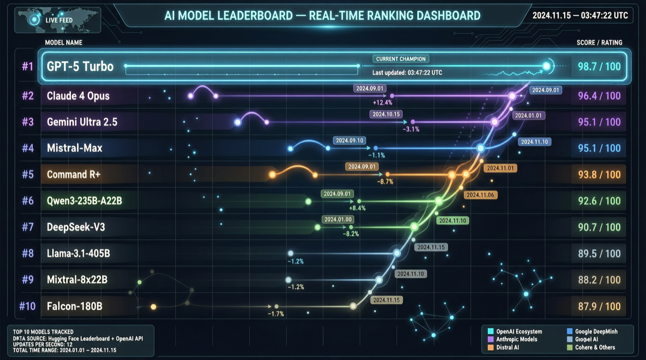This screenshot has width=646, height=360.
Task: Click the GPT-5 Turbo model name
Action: click(80, 67)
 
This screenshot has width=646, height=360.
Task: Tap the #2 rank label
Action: click(28, 96)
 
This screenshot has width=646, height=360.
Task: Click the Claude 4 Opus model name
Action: click(78, 96)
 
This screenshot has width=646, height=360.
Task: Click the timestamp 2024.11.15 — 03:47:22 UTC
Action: click(580, 15)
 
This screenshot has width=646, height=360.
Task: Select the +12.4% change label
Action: click(382, 102)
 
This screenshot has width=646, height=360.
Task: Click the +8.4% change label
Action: click(357, 208)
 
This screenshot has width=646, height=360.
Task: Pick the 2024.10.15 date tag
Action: click(386, 114)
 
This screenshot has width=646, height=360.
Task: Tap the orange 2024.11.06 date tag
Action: click(480, 195)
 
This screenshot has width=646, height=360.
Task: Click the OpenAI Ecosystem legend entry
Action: click(518, 331)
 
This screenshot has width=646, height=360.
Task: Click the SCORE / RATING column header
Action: click(599, 43)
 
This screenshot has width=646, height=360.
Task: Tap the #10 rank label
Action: click(27, 306)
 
